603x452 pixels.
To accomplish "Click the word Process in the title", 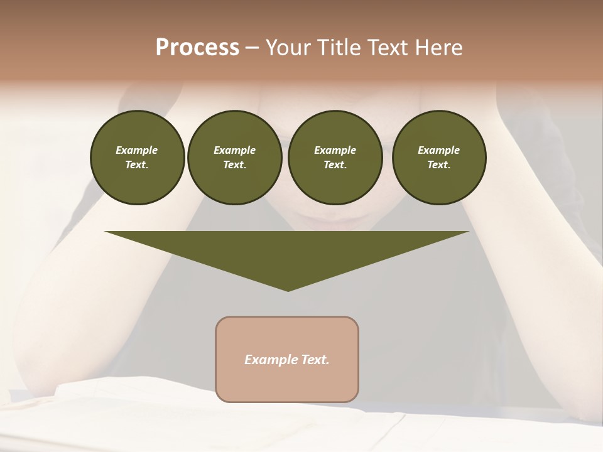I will coord(197,48).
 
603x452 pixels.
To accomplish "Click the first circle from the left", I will coord(137,158).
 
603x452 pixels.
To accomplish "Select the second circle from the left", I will coord(234,158).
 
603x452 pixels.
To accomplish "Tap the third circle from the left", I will coord(335,158).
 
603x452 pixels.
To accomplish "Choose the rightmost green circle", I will coord(438,158).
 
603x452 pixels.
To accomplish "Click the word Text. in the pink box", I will coord(314,360).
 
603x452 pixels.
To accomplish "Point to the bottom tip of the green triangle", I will coord(288,290).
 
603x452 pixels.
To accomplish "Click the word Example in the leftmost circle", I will coord(137,151).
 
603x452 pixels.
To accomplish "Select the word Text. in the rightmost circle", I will coord(438,165).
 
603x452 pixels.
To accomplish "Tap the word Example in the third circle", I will coord(335,151).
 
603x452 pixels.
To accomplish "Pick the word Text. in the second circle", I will coord(234,165).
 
